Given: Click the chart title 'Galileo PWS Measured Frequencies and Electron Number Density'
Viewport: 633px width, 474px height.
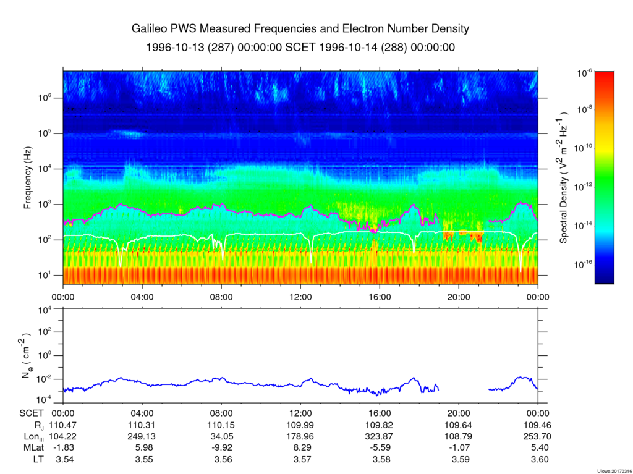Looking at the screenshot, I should tap(300, 29).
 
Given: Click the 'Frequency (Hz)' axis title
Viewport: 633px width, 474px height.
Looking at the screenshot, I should tap(28, 182).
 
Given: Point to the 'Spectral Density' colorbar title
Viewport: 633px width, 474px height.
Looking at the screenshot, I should tap(564, 177).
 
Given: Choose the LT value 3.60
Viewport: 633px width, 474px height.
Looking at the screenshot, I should tap(538, 459).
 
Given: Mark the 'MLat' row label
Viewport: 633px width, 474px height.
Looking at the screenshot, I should tap(30, 447).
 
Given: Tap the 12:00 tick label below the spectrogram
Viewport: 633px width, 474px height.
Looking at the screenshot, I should tap(300, 296).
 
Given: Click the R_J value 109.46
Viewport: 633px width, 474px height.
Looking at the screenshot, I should tap(538, 425).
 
